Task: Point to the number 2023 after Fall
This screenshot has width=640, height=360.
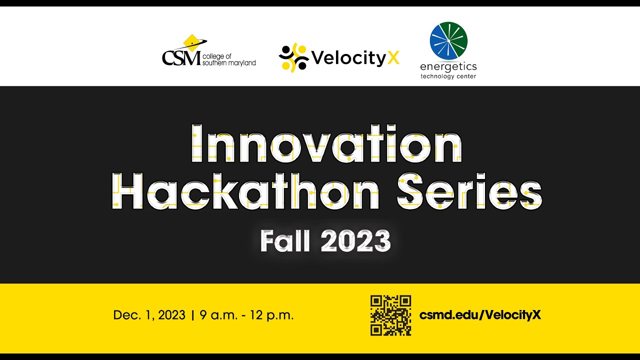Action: [355, 241]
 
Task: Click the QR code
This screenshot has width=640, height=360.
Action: [390, 315]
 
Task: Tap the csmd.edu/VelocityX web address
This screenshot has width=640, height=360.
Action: [480, 315]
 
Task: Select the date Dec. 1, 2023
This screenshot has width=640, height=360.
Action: [149, 315]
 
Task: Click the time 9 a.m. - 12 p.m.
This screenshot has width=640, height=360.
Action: [246, 315]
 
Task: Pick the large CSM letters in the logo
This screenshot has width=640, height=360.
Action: [181, 58]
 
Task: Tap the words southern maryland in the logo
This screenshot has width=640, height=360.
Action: [229, 63]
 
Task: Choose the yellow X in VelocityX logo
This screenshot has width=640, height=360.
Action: [393, 58]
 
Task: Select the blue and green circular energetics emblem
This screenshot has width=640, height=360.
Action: [448, 40]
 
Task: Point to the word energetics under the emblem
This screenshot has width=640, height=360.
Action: [448, 66]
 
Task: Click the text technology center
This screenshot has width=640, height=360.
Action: [448, 76]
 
